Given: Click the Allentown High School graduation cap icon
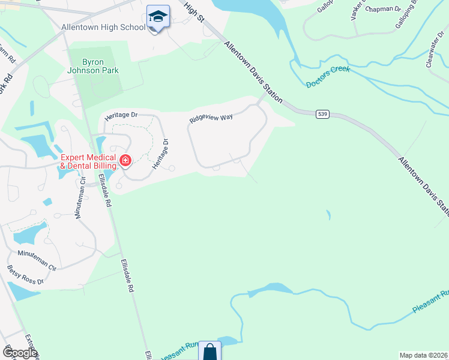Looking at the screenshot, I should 158,17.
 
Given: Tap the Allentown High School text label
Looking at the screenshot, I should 103,28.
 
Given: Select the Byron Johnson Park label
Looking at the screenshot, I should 92,66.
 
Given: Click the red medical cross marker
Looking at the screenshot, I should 125,160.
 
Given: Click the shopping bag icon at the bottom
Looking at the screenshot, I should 209,352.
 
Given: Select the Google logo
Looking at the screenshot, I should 20,353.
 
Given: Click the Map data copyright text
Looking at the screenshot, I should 423,355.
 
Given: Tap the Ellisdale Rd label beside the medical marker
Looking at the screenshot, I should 106,191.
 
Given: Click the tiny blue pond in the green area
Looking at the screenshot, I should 328,214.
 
